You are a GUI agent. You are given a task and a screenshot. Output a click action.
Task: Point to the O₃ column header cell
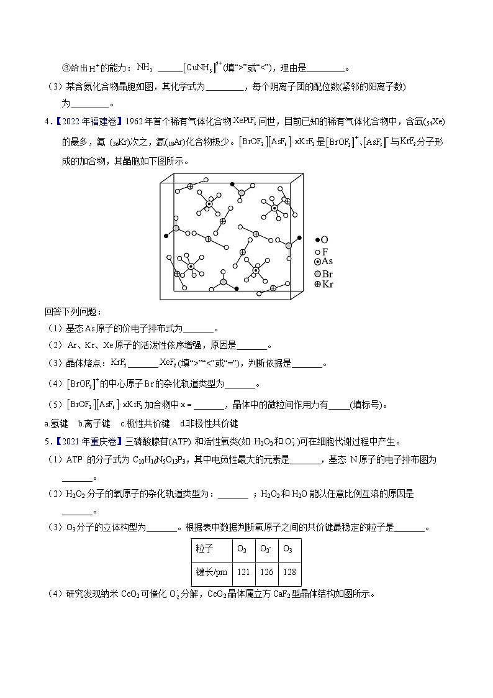click(x=288, y=549)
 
